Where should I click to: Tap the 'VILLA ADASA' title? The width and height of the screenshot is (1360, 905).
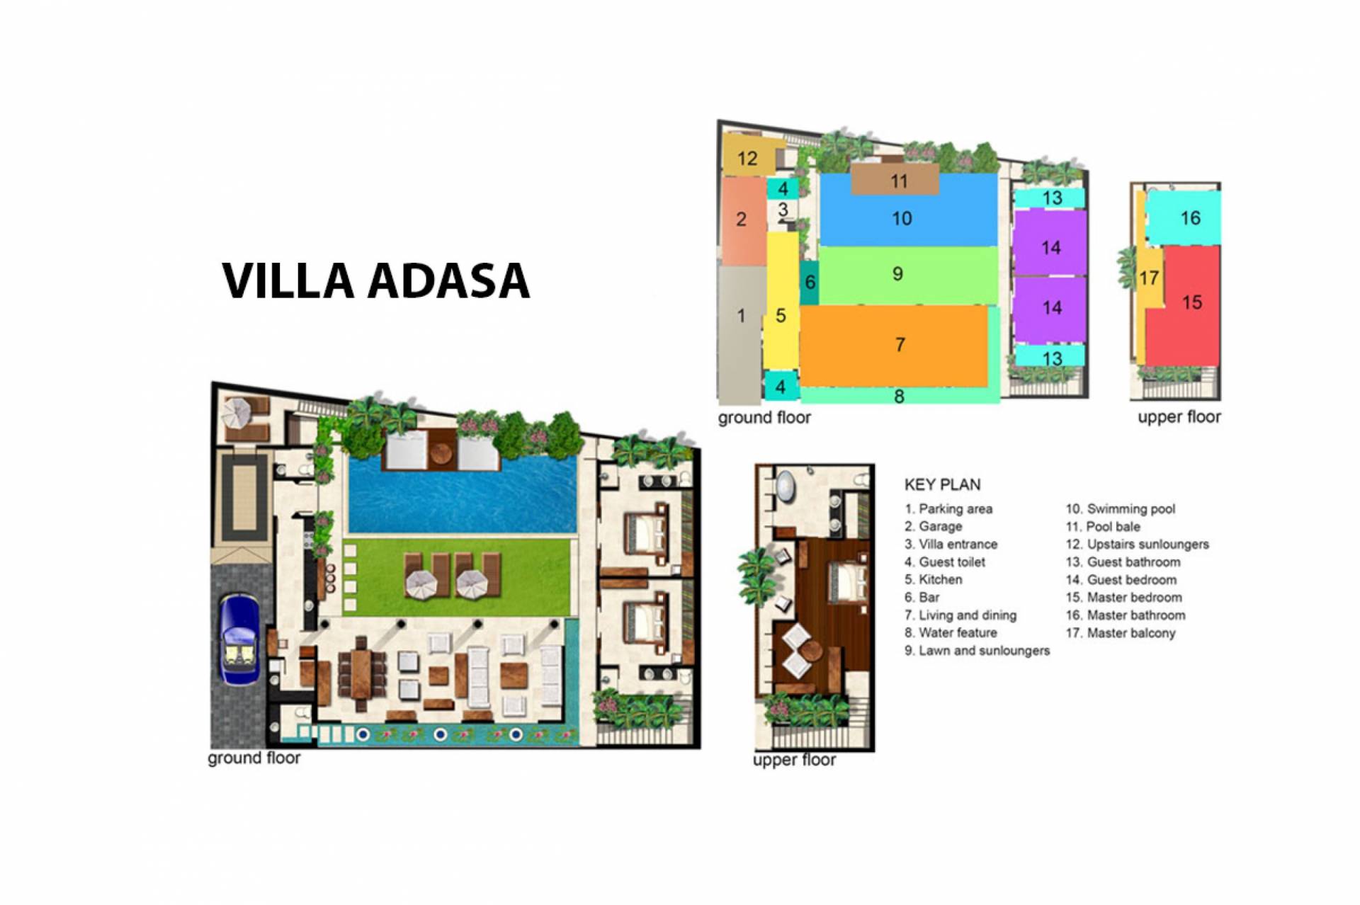(376, 280)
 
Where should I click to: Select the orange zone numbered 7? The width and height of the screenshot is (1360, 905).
(894, 346)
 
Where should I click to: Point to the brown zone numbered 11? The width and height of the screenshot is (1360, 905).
(895, 180)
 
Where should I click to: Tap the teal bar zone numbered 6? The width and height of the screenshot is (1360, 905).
(810, 282)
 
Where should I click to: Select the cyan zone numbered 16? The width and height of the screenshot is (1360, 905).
(1184, 217)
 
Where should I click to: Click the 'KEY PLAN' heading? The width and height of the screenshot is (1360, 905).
(942, 485)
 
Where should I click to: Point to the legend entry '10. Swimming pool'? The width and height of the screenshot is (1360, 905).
(1121, 509)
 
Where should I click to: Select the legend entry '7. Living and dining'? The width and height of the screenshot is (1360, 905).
(960, 615)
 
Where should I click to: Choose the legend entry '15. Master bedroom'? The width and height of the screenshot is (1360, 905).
(1124, 598)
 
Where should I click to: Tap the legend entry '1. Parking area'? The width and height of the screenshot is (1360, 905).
(948, 509)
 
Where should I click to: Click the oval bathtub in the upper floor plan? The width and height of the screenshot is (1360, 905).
(786, 488)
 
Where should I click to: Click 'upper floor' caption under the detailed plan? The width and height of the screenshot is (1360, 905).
(794, 761)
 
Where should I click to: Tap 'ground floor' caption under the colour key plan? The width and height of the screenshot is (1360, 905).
(764, 418)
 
